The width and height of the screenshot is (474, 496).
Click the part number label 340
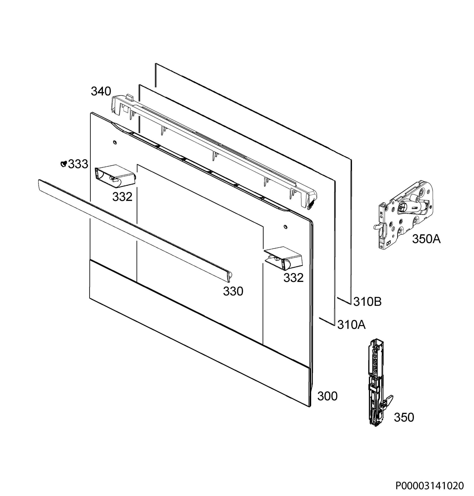(101, 92)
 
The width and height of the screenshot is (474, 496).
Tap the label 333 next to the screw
(78, 164)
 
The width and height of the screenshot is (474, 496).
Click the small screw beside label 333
(64, 164)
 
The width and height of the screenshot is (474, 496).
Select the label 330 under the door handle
(233, 291)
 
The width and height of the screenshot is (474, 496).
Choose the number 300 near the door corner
(328, 396)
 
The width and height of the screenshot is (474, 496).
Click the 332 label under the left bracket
(122, 197)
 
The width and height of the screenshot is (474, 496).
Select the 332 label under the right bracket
(293, 278)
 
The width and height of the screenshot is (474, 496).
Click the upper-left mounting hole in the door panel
(115, 143)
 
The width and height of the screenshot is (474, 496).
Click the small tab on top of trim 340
(130, 97)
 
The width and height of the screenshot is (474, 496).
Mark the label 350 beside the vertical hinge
(404, 417)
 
